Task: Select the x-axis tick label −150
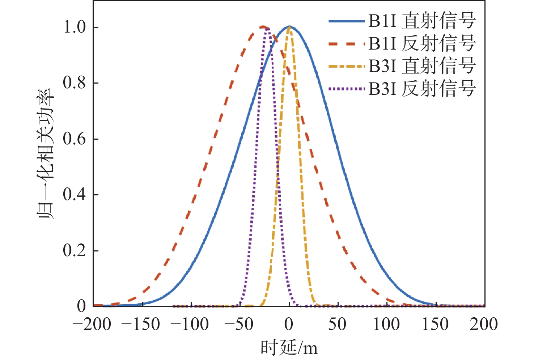click(140, 325)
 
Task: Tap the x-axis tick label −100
click(189, 325)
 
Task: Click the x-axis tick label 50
click(337, 325)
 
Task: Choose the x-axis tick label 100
click(386, 325)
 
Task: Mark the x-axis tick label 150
click(435, 325)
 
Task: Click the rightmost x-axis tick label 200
click(484, 325)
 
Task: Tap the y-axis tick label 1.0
click(75, 27)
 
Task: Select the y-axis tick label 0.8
click(75, 83)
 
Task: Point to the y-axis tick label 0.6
click(75, 139)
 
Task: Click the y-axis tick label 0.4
click(75, 195)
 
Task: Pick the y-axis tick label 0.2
click(75, 251)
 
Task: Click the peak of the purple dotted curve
click(267, 30)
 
